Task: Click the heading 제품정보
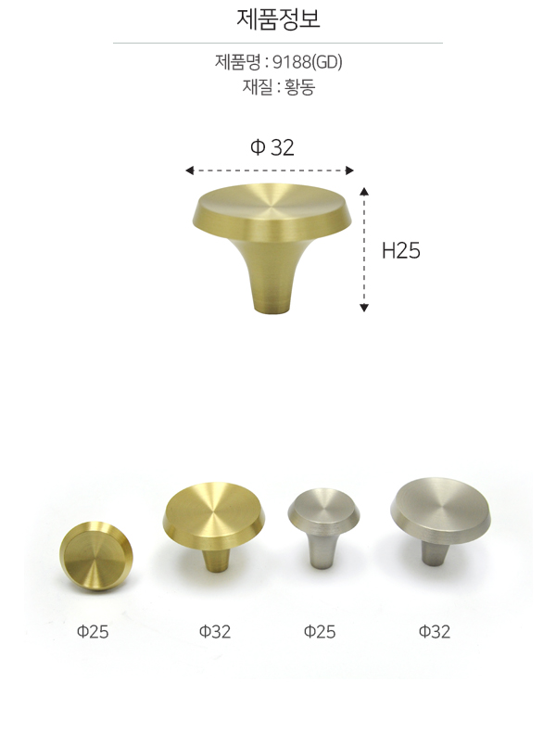pos(278,19)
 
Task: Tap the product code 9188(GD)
pos(308,62)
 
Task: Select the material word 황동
pos(299,87)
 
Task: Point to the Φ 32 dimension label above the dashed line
pos(272,147)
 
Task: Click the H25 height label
pos(401,250)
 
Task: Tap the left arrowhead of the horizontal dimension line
pos(189,170)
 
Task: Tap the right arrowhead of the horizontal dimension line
pos(349,170)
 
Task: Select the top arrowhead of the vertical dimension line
pos(364,191)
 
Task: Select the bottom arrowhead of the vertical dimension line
pos(364,308)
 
